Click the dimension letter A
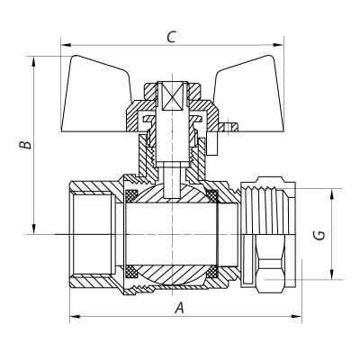pos(179,307)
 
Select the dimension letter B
pos(26,143)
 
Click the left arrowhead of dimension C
pos(66,45)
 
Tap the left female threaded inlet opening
pos(90,234)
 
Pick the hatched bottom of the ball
pos(171,278)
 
